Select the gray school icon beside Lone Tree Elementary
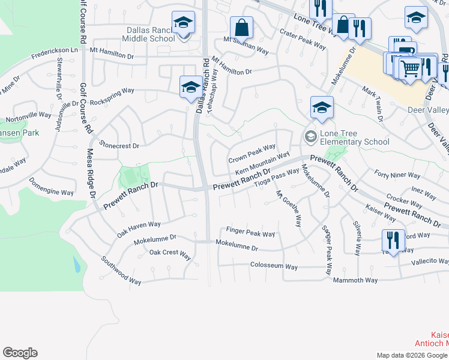point(310,135)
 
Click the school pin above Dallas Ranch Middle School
point(182,23)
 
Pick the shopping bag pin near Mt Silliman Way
point(241,28)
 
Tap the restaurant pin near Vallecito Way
point(393,241)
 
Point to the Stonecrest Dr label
point(119,145)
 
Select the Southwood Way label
point(121,271)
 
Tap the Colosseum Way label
point(274,266)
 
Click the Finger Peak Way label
point(250,232)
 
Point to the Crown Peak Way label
point(252,154)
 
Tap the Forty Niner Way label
point(397,175)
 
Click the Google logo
point(20,353)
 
